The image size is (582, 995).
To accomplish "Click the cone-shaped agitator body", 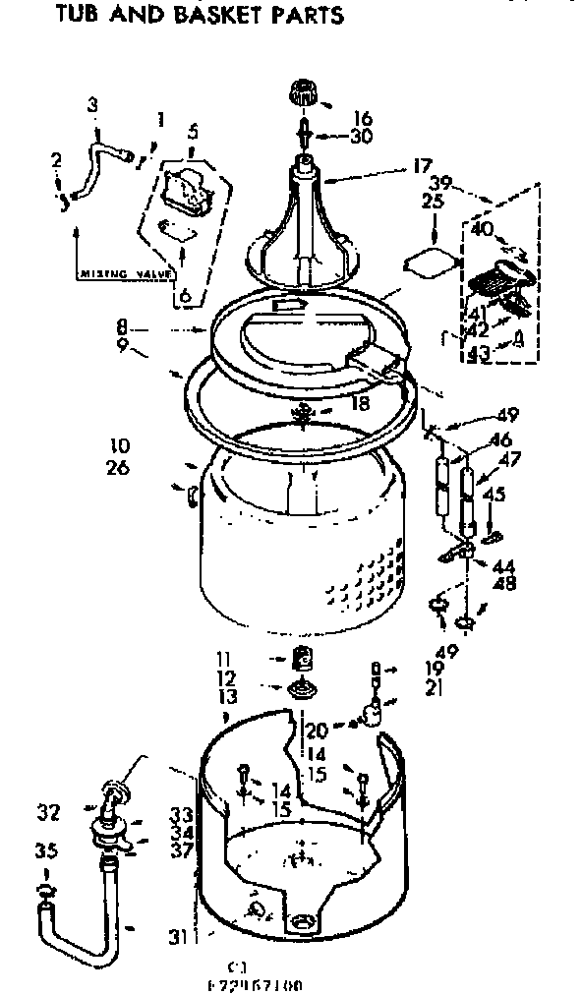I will point(304,211).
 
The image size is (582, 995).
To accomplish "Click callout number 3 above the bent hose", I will point(92,104).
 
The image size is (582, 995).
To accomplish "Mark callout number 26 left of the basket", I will point(117,468).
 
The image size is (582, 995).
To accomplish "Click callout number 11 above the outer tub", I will point(225,659).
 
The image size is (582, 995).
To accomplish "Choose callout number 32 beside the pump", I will point(48,812).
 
